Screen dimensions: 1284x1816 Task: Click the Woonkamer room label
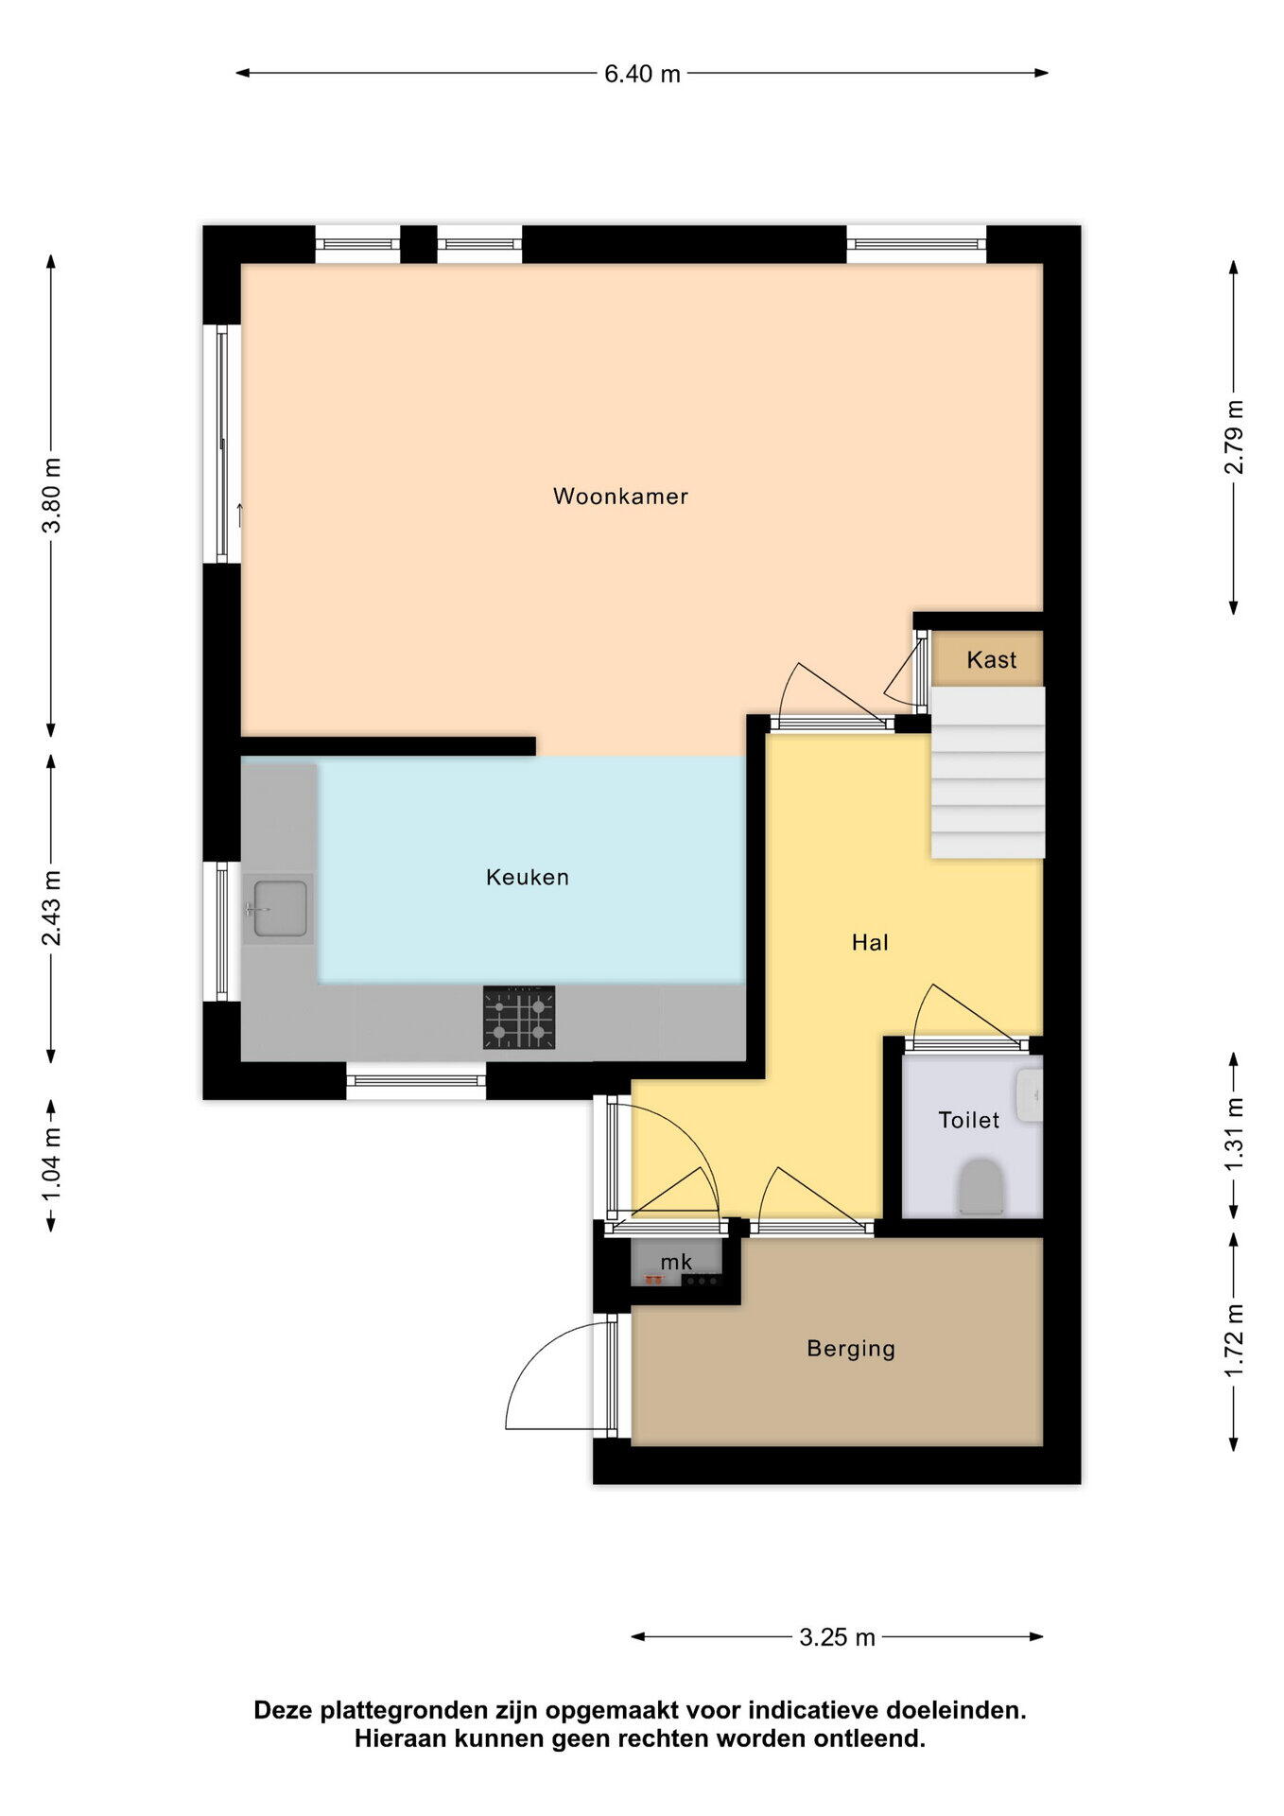click(620, 496)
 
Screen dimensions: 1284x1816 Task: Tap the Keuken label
click(528, 877)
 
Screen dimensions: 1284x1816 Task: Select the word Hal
click(870, 942)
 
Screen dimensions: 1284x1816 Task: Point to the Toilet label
click(968, 1120)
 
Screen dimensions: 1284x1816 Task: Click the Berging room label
click(851, 1349)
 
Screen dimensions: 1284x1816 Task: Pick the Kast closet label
click(991, 659)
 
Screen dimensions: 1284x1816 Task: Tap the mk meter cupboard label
click(676, 1262)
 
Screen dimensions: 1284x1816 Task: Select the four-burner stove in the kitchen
click(519, 1018)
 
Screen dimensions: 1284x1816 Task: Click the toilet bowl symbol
click(980, 1187)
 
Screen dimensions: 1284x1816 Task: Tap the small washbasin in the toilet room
click(1029, 1094)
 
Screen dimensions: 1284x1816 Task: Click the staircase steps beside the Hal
click(988, 773)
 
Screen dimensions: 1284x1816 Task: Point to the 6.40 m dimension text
click(642, 74)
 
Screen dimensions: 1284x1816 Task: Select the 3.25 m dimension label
click(837, 1637)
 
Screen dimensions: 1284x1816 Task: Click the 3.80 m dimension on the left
click(51, 496)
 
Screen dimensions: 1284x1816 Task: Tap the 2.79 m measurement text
click(1234, 437)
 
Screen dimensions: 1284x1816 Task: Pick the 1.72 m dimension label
click(1234, 1340)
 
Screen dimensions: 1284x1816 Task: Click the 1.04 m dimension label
click(51, 1165)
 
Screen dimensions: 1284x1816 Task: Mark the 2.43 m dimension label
click(51, 908)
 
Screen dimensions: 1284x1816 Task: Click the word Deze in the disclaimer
click(284, 1710)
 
